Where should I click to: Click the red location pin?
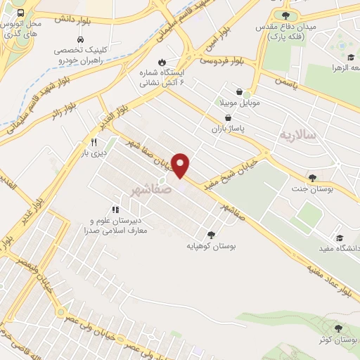pyautogui.click(x=181, y=165)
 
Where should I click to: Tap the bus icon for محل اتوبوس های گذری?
pyautogui.click(x=20, y=13)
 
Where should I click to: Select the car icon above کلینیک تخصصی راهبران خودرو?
pyautogui.click(x=82, y=40)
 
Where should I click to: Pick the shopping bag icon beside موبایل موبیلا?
pyautogui.click(x=240, y=91)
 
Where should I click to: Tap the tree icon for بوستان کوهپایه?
pyautogui.click(x=211, y=236)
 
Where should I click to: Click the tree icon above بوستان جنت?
pyautogui.click(x=312, y=178)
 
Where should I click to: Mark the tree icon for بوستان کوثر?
pyautogui.click(x=340, y=328)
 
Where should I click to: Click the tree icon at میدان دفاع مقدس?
pyautogui.click(x=285, y=15)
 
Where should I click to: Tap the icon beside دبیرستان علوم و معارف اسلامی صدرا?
pyautogui.click(x=115, y=209)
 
